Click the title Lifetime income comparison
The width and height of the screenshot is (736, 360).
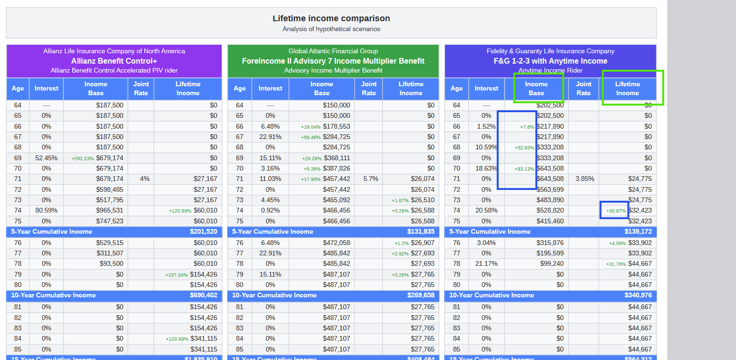point(331,18)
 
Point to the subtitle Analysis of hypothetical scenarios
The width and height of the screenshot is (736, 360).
point(331,29)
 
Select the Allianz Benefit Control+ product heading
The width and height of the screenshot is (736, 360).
point(114,61)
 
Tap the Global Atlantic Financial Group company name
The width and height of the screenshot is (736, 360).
point(333,51)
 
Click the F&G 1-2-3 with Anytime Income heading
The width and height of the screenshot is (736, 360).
point(550,61)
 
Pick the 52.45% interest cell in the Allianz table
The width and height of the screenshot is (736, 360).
point(46,158)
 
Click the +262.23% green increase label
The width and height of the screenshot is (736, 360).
point(83,158)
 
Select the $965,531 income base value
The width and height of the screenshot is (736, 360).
point(109,210)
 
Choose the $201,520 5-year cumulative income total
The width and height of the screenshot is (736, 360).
point(204,231)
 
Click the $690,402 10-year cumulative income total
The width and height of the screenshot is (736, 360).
point(204,295)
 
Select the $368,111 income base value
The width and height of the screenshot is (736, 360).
point(336,158)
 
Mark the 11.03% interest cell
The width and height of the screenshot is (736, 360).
point(270,179)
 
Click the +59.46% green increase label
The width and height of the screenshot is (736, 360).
point(311,137)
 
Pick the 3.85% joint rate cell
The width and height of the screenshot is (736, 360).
point(585,179)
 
